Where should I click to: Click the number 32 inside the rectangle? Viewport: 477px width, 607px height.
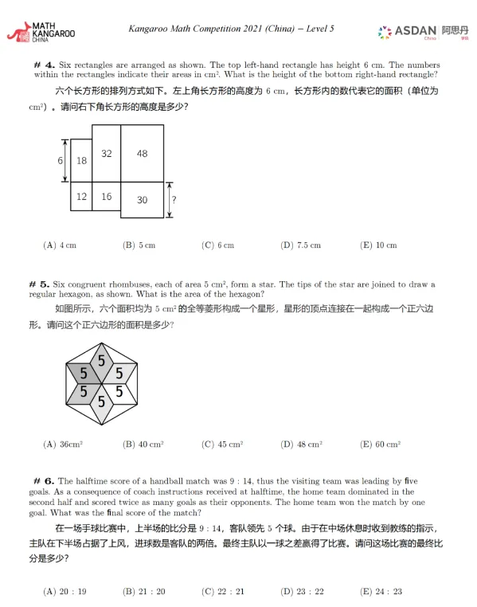[106, 153]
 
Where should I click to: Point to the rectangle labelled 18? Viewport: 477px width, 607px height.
[81, 160]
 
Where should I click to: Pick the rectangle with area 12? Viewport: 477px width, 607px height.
[81, 196]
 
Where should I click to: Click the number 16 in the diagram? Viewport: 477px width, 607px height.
[106, 196]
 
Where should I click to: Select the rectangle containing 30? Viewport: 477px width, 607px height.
[142, 200]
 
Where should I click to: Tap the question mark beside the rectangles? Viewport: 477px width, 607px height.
[174, 199]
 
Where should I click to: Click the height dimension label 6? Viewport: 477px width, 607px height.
[60, 160]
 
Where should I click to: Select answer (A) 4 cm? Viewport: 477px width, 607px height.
[60, 245]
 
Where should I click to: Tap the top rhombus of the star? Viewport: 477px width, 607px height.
[101, 361]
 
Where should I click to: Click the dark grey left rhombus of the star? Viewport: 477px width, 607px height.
[83, 372]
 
